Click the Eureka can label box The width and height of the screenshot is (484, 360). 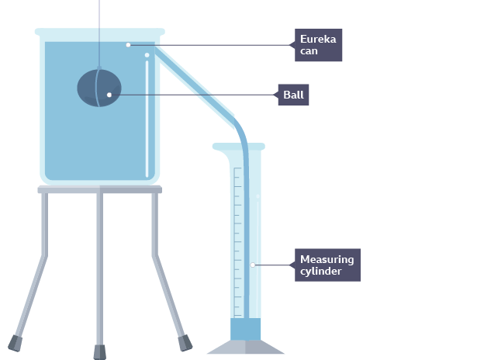point(318,45)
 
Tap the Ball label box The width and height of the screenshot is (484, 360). point(293,95)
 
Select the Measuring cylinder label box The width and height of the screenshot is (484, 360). point(327,265)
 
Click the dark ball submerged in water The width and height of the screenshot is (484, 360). point(99,88)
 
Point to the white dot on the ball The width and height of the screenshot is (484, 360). point(109,95)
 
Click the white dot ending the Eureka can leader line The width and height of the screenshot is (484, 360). point(129,45)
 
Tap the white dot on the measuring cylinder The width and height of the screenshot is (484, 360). point(253,265)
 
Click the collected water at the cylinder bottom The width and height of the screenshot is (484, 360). point(245,329)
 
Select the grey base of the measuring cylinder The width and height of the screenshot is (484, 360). point(245,347)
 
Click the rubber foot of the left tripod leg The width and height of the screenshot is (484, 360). point(15,344)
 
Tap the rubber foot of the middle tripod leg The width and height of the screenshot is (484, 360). point(100,352)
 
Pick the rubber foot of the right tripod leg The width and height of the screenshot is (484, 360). point(185,343)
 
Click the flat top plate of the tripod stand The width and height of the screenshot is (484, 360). point(100,189)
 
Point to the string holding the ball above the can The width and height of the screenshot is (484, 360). point(99,33)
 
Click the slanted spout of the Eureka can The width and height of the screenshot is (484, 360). point(195,86)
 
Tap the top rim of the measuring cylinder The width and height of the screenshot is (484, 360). point(239,147)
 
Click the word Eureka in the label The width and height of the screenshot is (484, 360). point(318,40)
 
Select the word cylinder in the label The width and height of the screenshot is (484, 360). point(320,272)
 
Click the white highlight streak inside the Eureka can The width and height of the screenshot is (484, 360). point(147,119)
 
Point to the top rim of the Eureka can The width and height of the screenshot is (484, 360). point(100,32)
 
